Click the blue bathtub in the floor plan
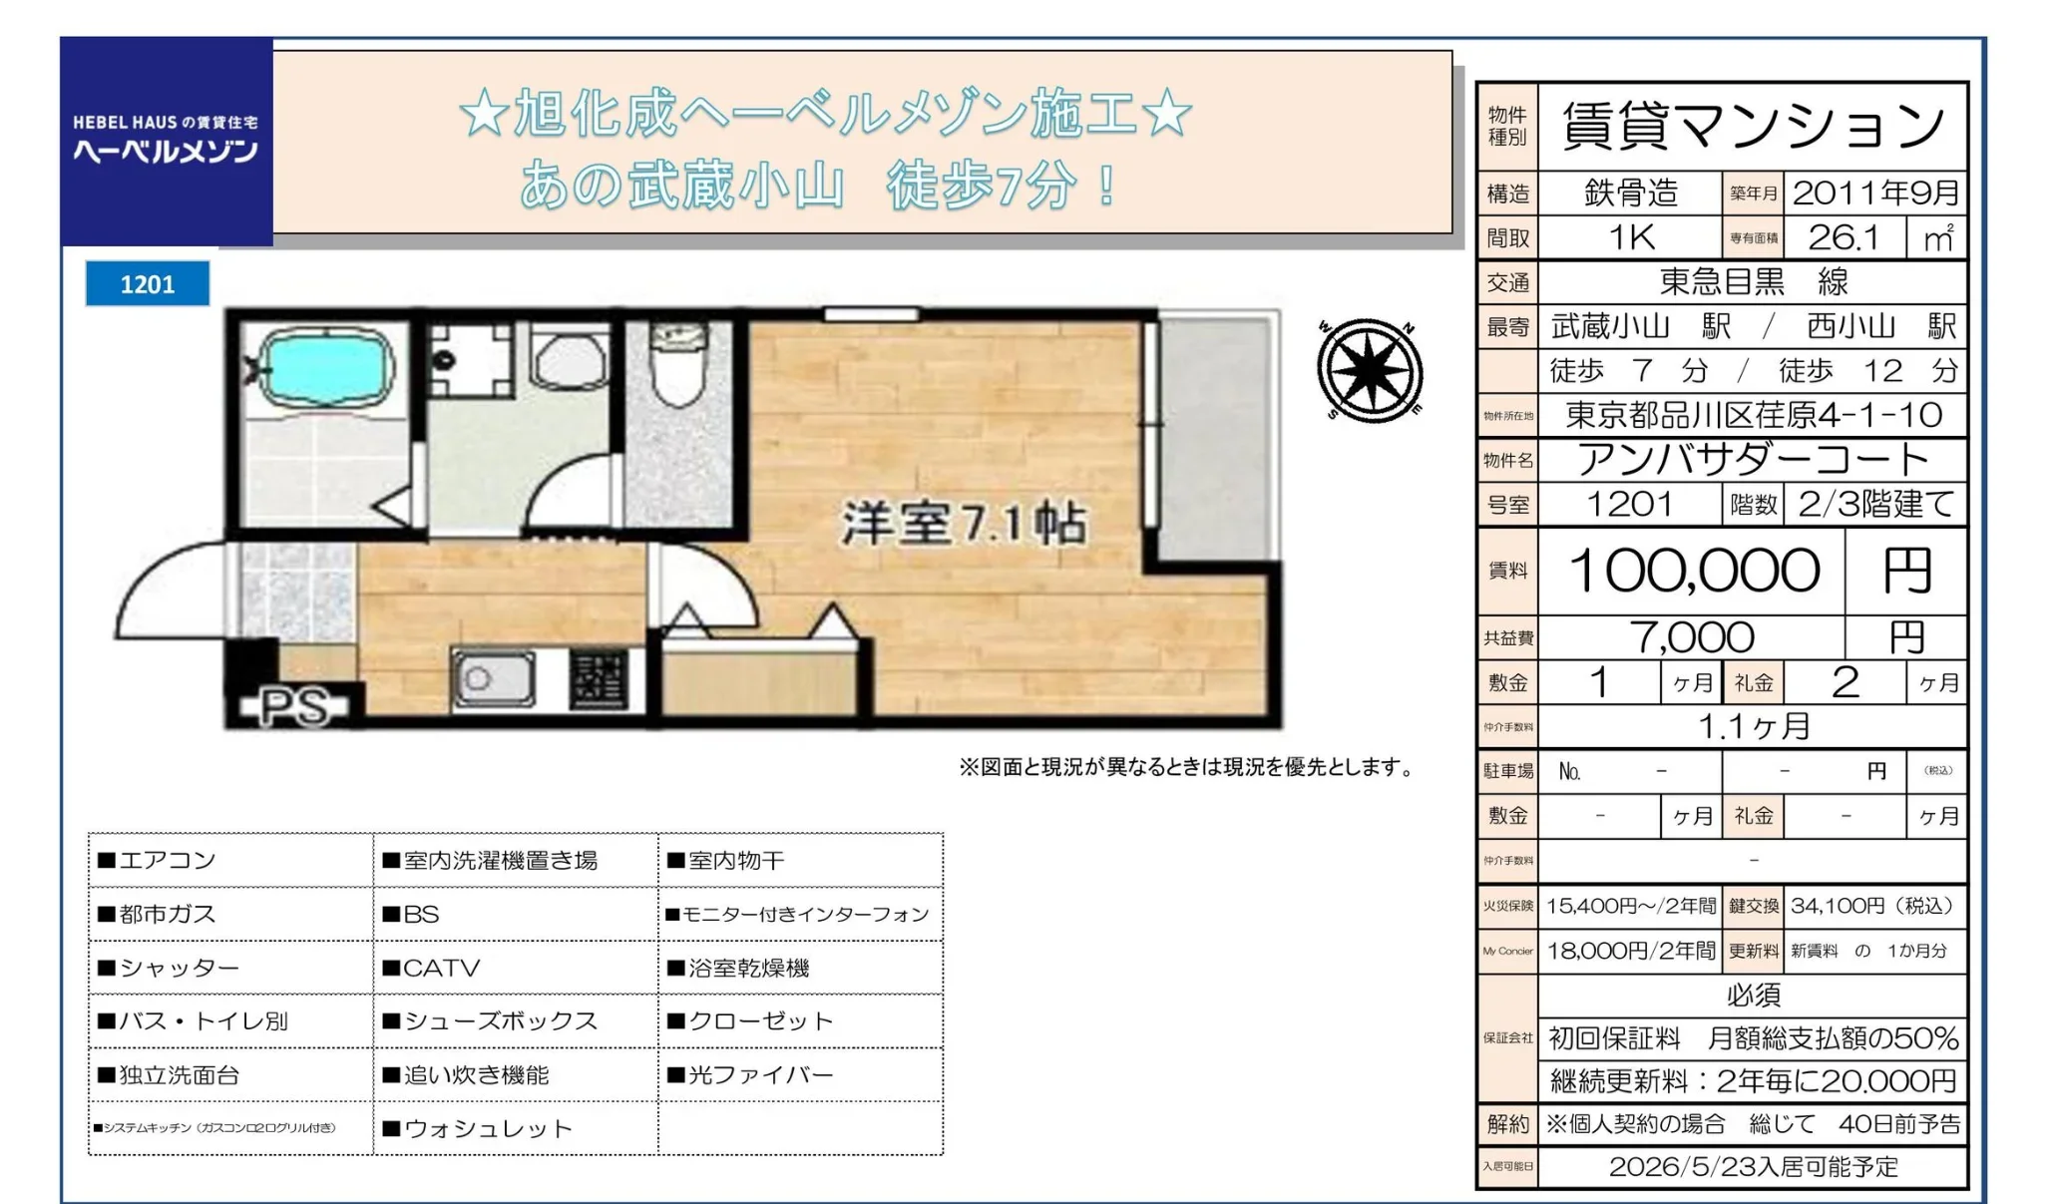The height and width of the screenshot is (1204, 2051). pyautogui.click(x=324, y=368)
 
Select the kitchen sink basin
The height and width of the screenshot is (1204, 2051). pyautogui.click(x=493, y=679)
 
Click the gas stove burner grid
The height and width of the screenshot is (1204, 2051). pyautogui.click(x=599, y=679)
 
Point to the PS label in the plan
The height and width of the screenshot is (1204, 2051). pyautogui.click(x=293, y=707)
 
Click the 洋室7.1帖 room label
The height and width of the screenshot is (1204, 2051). pyautogui.click(x=964, y=523)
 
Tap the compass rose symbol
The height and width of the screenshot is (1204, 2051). pyautogui.click(x=1370, y=370)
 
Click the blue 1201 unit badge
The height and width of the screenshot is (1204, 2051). pyautogui.click(x=148, y=284)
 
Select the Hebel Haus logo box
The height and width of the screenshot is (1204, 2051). pyautogui.click(x=167, y=141)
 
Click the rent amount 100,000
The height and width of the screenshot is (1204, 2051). pyautogui.click(x=1694, y=571)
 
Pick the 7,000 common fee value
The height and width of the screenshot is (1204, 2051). pyautogui.click(x=1692, y=637)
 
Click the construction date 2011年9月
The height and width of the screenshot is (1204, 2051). pyautogui.click(x=1875, y=193)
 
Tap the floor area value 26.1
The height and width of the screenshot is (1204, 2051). pyautogui.click(x=1844, y=237)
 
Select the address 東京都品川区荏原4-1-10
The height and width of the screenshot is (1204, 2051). pyautogui.click(x=1753, y=415)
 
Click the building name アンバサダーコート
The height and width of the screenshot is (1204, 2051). pyautogui.click(x=1753, y=460)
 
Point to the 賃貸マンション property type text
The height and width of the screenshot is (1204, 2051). pyautogui.click(x=1753, y=127)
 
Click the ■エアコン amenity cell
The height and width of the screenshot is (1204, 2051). pyautogui.click(x=230, y=860)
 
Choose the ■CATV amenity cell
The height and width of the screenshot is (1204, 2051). pyautogui.click(x=515, y=968)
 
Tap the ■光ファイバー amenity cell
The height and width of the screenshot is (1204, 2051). pyautogui.click(x=800, y=1075)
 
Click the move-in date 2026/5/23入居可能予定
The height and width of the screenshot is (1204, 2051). pyautogui.click(x=1753, y=1167)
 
